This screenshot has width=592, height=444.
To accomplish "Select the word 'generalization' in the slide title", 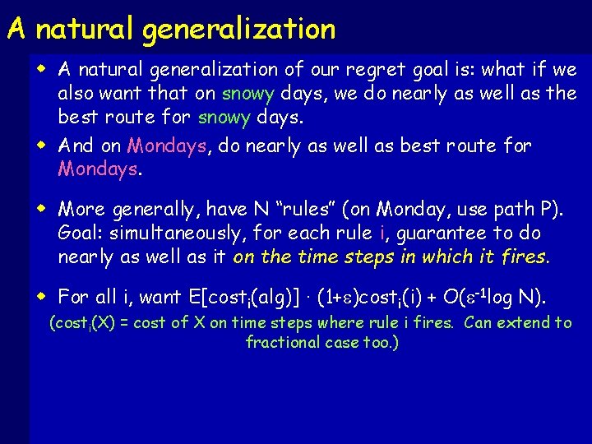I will [x=238, y=30].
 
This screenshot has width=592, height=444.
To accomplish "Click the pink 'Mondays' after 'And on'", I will [x=167, y=146].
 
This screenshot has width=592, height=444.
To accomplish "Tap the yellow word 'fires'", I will [x=523, y=257].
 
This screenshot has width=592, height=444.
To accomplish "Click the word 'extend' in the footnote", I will [x=525, y=322].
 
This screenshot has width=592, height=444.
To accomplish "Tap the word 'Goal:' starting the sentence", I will [x=81, y=234].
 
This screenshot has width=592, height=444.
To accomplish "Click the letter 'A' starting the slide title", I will [x=16, y=30].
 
